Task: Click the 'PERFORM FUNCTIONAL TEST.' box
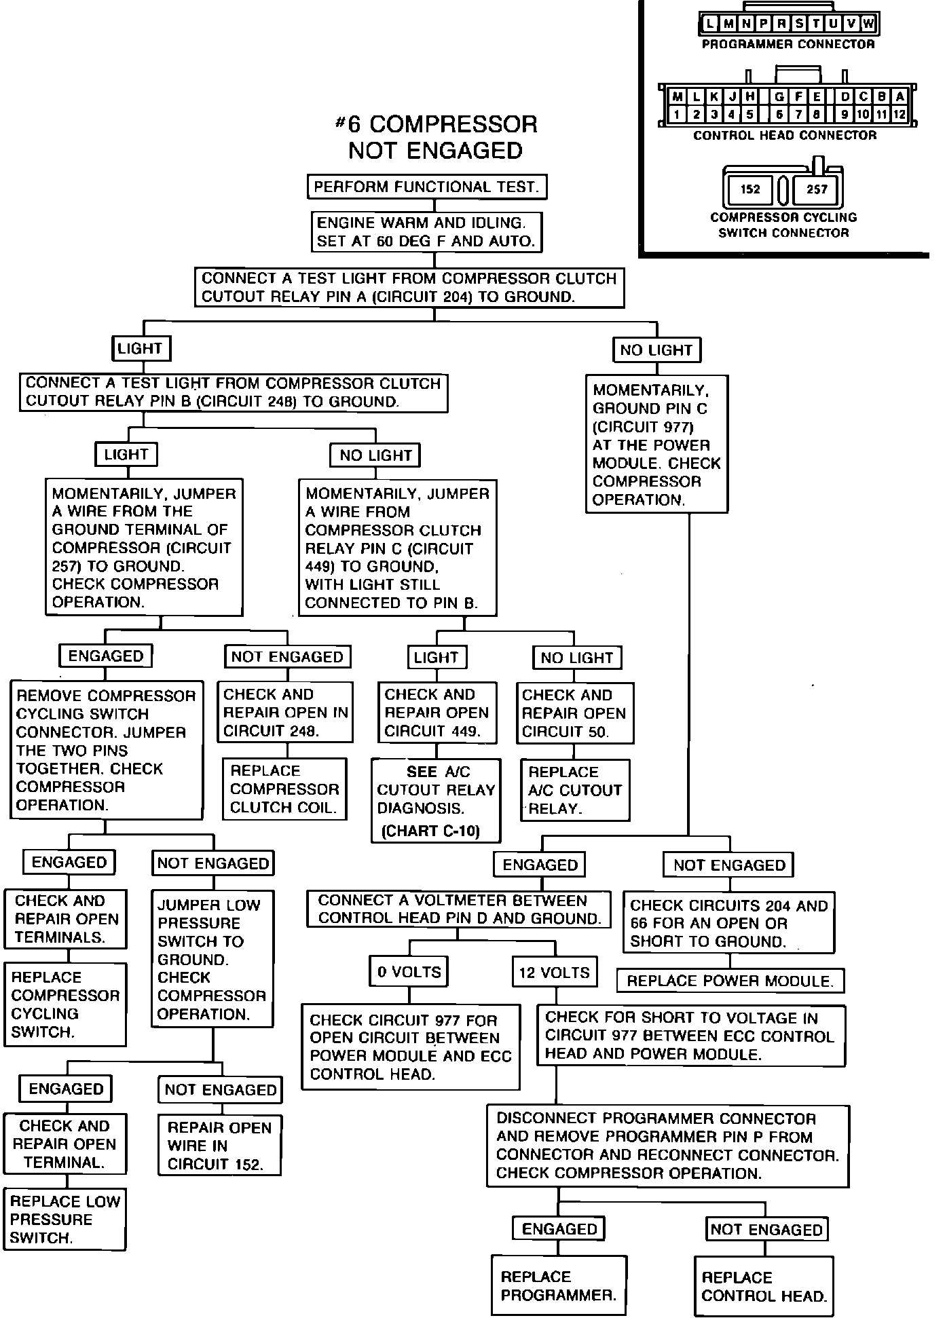pyautogui.click(x=426, y=187)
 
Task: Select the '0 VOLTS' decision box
pyautogui.click(x=409, y=972)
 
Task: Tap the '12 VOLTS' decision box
pyautogui.click(x=554, y=973)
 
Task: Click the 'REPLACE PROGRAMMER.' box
pyautogui.click(x=558, y=1285)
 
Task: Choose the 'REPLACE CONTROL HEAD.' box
pyautogui.click(x=764, y=1287)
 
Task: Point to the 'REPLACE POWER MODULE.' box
pyautogui.click(x=730, y=981)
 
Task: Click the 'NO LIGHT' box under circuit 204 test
pyautogui.click(x=656, y=350)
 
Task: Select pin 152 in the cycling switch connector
pyautogui.click(x=750, y=189)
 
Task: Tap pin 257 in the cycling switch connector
pyautogui.click(x=817, y=189)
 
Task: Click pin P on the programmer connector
pyautogui.click(x=763, y=24)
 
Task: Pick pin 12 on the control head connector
pyautogui.click(x=899, y=114)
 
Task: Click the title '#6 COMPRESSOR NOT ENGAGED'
pyautogui.click(x=436, y=137)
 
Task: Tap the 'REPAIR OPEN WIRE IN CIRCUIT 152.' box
pyautogui.click(x=219, y=1146)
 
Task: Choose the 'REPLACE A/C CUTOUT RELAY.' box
pyautogui.click(x=575, y=790)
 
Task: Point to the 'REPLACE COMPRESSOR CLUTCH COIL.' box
pyautogui.click(x=284, y=789)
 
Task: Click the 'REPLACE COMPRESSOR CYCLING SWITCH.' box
pyautogui.click(x=65, y=1004)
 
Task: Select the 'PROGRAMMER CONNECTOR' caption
pyautogui.click(x=788, y=44)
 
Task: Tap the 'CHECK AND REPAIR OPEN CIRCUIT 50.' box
pyautogui.click(x=574, y=713)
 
